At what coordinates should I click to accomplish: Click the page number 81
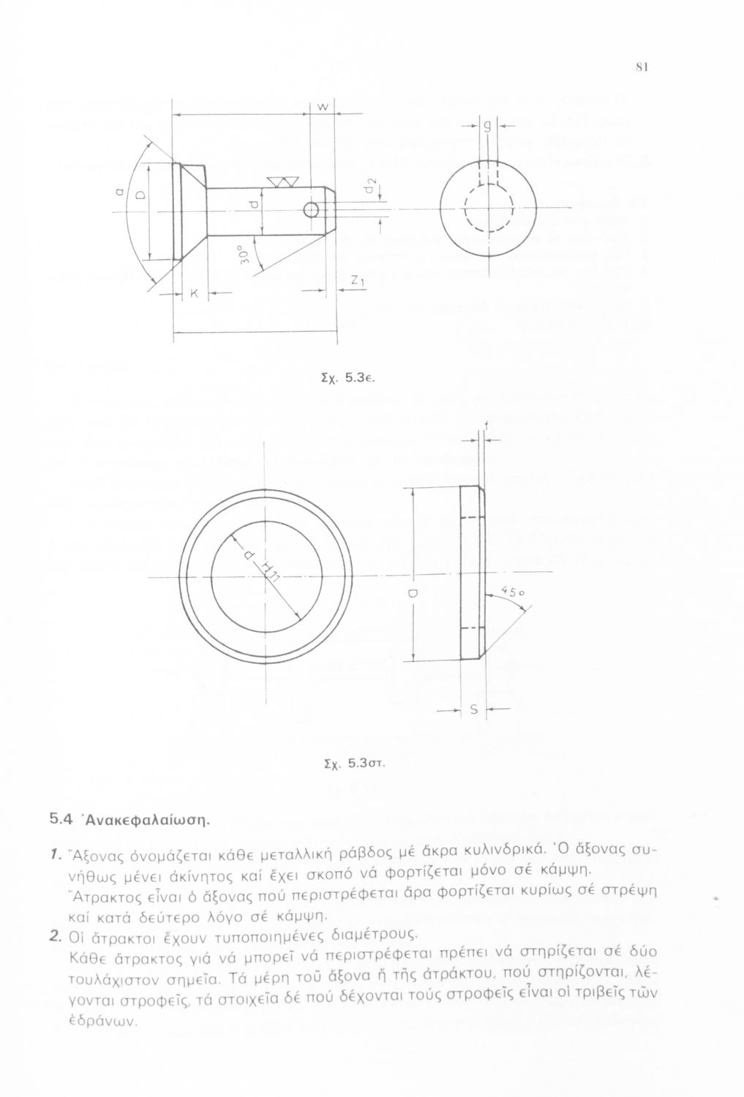coord(640,67)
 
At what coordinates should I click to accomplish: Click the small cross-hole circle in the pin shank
coord(310,211)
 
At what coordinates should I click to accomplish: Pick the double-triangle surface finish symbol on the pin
coord(279,181)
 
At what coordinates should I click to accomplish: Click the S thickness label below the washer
coord(473,709)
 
